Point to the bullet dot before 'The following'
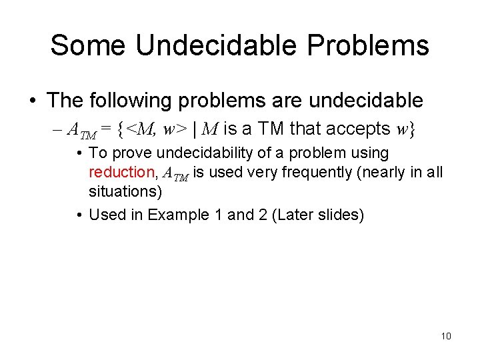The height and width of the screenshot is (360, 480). click(33, 101)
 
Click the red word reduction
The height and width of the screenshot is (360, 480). click(121, 172)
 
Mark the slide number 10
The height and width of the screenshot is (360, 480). click(446, 336)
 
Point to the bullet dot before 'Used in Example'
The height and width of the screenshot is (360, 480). click(79, 215)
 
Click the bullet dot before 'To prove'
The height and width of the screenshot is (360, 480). click(79, 153)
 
